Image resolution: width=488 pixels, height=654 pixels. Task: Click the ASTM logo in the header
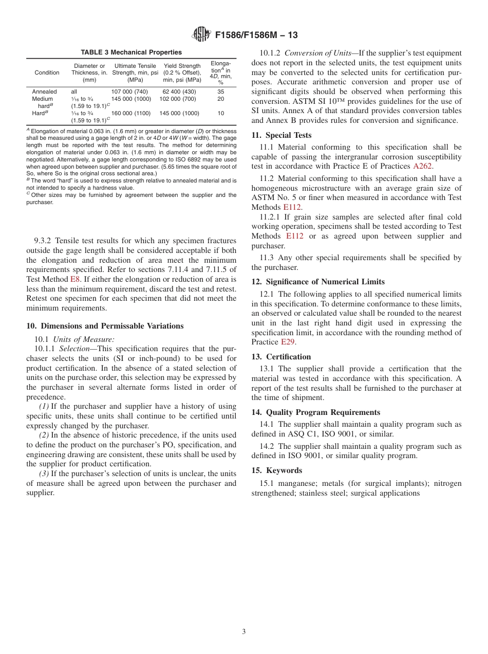pos(201,34)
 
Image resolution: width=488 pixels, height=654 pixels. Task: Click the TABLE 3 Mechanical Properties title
pos(131,52)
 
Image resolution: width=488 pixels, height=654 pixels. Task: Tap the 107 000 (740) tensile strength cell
pos(129,92)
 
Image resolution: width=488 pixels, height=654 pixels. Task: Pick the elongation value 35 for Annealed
pos(220,92)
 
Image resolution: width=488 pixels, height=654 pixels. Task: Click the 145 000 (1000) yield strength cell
pos(182,113)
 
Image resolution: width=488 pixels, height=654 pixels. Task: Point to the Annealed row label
pos(44,92)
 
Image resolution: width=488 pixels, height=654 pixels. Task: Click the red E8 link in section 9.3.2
pos(75,279)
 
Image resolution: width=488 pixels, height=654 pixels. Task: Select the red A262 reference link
pos(422,166)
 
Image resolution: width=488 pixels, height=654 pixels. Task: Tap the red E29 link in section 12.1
pos(288,342)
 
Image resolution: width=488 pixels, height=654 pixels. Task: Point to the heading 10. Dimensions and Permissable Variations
pos(105,326)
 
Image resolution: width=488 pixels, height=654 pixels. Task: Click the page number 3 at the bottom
pos(244,632)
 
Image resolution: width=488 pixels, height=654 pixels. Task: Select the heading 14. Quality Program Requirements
pos(316,412)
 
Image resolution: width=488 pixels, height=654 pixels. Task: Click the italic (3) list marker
pos(44,474)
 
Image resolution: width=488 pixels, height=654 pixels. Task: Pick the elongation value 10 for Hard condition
pos(220,113)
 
